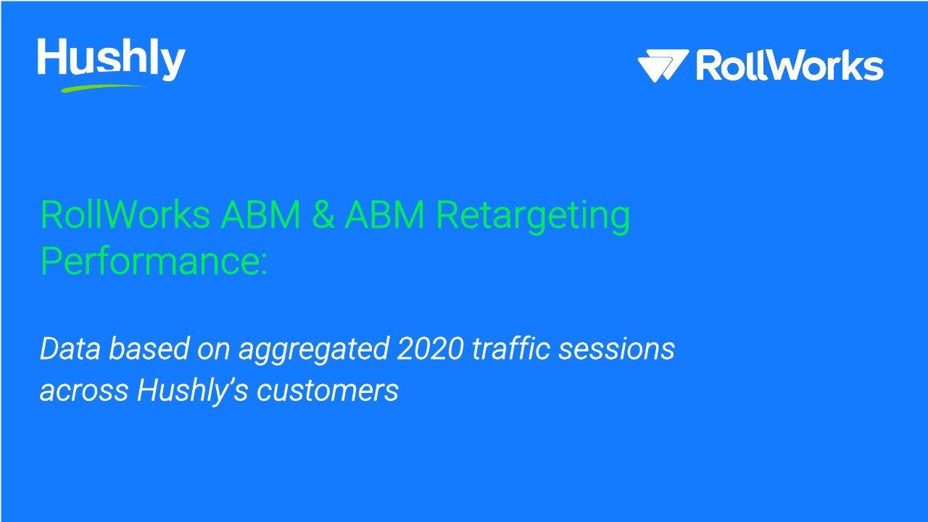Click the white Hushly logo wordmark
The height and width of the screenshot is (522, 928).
(x=111, y=59)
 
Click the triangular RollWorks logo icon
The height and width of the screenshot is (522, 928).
(x=662, y=66)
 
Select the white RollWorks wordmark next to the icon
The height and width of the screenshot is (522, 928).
(x=790, y=66)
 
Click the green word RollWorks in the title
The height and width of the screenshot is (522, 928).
(x=125, y=215)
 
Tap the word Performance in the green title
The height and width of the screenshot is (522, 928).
(x=153, y=261)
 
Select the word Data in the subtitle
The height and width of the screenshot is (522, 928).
(x=69, y=349)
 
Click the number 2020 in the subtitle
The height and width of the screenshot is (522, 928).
(x=430, y=349)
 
